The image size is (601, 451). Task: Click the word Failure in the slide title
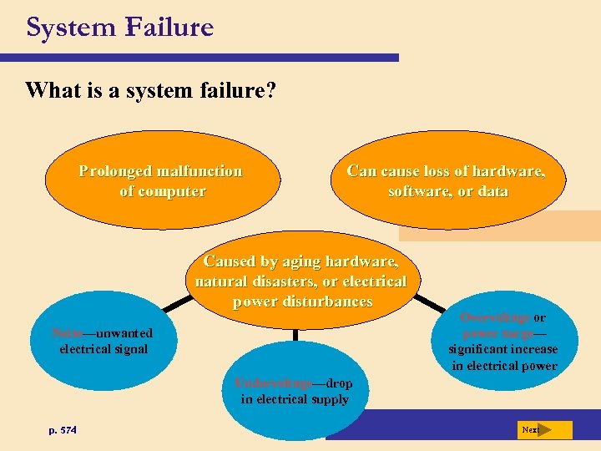tap(169, 28)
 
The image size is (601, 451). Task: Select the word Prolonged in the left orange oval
tap(116, 171)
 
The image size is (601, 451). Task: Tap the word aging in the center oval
tap(301, 261)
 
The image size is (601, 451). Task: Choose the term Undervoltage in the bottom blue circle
tap(273, 383)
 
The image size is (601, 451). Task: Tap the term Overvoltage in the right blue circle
tap(495, 317)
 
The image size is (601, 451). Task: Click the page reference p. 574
tap(63, 430)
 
